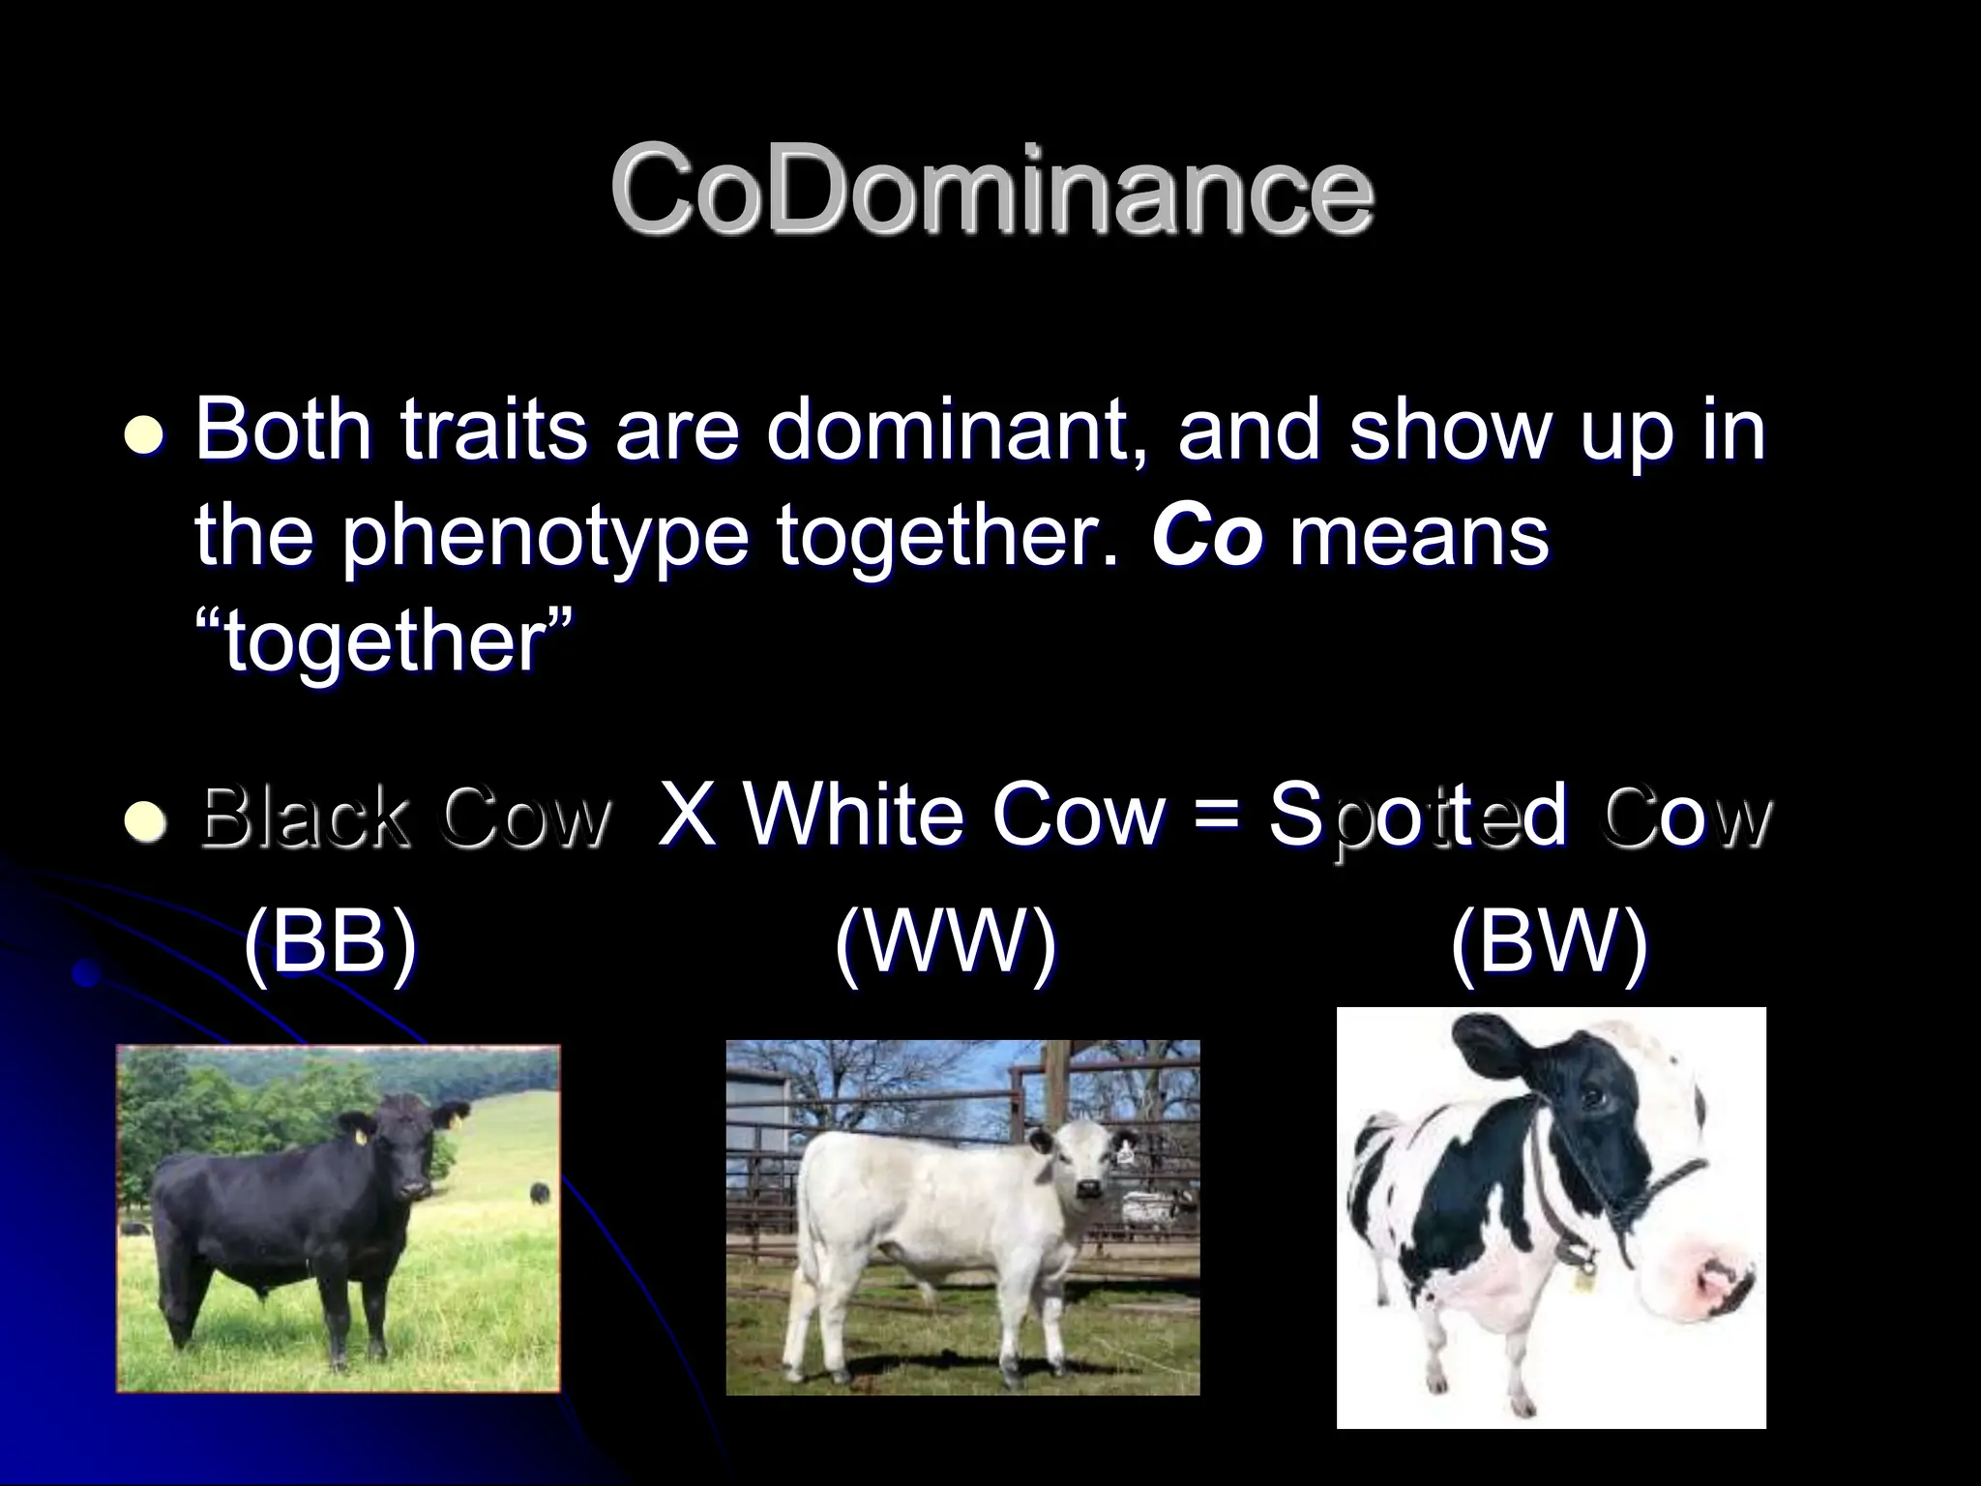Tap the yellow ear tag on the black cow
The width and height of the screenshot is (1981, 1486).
(362, 1138)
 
